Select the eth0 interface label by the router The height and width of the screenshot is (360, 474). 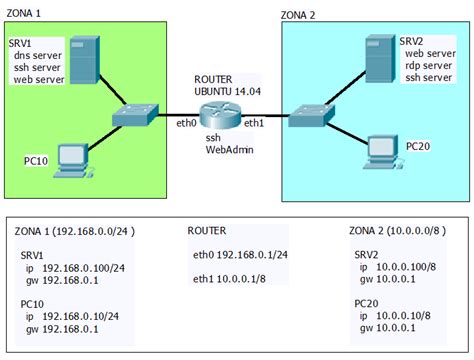tap(187, 124)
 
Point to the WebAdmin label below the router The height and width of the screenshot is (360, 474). tap(229, 150)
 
